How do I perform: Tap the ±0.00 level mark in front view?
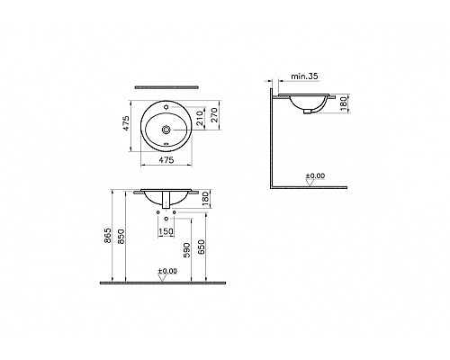point(166,271)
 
